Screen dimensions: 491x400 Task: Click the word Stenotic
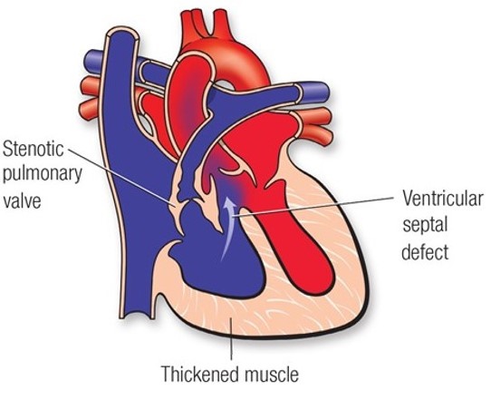click(34, 148)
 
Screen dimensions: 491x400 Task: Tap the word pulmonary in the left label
click(42, 174)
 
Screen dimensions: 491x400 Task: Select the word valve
click(22, 200)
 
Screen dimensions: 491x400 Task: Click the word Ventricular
click(443, 198)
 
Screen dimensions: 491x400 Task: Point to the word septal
click(425, 225)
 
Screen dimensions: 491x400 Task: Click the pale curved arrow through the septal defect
click(227, 229)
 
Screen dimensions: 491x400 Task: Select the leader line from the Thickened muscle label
click(231, 338)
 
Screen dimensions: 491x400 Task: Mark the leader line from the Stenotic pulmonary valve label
click(121, 178)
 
